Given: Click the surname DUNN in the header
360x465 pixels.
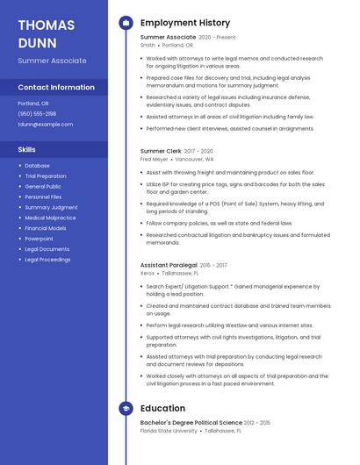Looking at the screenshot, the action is [x=37, y=43].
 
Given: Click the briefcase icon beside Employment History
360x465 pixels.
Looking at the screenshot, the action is [x=126, y=23].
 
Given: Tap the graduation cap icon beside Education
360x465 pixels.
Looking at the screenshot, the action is [x=126, y=408].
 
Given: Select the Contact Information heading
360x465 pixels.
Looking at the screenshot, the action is [x=56, y=88].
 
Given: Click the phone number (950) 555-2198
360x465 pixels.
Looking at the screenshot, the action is [x=37, y=114].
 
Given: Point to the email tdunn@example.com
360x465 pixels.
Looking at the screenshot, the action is [x=46, y=125].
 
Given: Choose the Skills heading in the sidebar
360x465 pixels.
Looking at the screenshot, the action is [x=27, y=150].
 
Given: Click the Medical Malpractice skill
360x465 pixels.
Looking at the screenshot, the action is [x=50, y=218].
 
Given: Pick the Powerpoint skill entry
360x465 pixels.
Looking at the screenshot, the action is [x=40, y=239].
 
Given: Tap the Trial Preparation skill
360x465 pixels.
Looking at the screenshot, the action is [x=46, y=176].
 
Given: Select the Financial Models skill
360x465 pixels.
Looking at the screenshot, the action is [x=46, y=228].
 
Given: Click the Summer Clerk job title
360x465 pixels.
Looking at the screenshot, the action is [x=161, y=151].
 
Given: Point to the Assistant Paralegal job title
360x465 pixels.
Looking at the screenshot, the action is [x=169, y=265].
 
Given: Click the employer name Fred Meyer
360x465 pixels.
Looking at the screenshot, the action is [x=155, y=160].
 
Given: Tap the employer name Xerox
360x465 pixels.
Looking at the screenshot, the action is [x=148, y=274].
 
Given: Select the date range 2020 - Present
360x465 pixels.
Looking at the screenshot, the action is [x=217, y=38].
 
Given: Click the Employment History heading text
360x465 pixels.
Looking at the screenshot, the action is [x=185, y=23].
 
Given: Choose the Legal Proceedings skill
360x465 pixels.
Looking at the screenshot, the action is [x=47, y=260].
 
